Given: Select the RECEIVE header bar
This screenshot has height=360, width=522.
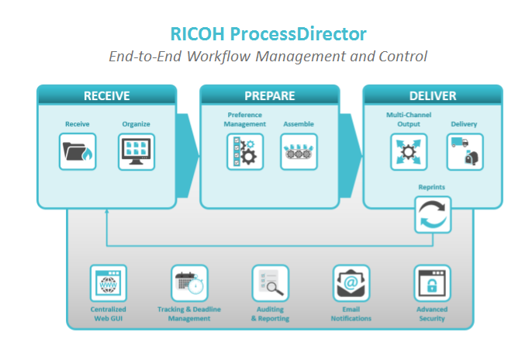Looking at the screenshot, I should [x=106, y=96].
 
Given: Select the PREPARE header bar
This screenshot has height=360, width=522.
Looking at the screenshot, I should [x=269, y=96].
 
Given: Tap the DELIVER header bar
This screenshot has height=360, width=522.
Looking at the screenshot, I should [x=432, y=96].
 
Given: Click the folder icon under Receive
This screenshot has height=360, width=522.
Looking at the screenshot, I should [x=78, y=152].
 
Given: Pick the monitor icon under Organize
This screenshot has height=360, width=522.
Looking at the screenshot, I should [x=136, y=152].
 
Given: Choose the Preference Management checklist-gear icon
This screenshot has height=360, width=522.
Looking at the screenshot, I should [x=244, y=152].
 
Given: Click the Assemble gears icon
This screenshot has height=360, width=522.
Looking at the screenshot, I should [x=299, y=152].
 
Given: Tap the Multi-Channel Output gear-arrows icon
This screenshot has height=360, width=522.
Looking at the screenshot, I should [x=408, y=152].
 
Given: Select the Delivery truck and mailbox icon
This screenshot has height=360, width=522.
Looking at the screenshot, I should [x=464, y=152].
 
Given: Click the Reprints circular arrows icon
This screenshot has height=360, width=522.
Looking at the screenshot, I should [x=432, y=215].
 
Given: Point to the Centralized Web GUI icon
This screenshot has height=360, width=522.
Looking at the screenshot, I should [x=108, y=283].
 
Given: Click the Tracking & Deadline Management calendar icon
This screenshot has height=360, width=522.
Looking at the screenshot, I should [x=189, y=283].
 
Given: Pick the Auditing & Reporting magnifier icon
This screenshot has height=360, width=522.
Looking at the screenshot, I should [x=270, y=283].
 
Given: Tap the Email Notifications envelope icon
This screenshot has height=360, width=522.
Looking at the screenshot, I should [x=351, y=283].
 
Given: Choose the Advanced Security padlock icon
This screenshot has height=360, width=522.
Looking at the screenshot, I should [x=432, y=283].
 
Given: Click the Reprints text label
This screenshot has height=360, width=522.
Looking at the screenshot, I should [x=432, y=187].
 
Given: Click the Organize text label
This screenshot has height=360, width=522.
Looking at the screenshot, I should [x=136, y=124].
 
